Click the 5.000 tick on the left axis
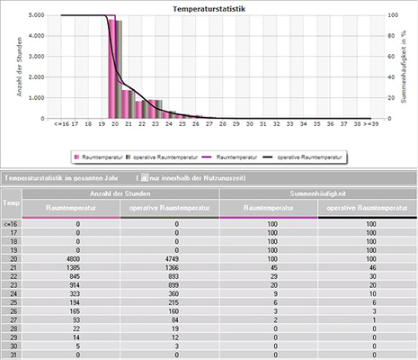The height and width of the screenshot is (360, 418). (x=39, y=15)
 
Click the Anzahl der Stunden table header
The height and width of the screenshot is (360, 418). (x=120, y=193)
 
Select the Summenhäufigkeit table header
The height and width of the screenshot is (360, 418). (x=317, y=193)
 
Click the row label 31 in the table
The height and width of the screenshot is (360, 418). (x=10, y=354)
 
